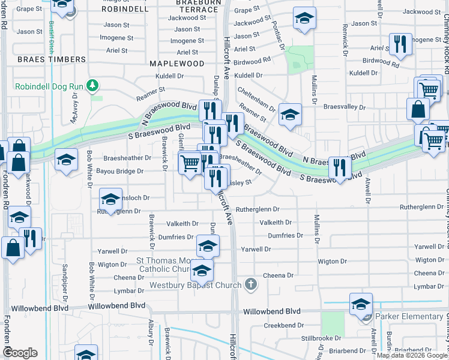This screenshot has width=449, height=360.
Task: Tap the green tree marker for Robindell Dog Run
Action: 92,86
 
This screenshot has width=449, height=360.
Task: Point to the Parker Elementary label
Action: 409,316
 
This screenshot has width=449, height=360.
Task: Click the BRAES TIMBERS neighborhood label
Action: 52,59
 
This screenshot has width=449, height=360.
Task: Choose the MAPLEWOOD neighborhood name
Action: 177,63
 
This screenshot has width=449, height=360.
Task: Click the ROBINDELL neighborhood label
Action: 125,10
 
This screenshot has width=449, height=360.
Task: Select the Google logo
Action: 20,353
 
